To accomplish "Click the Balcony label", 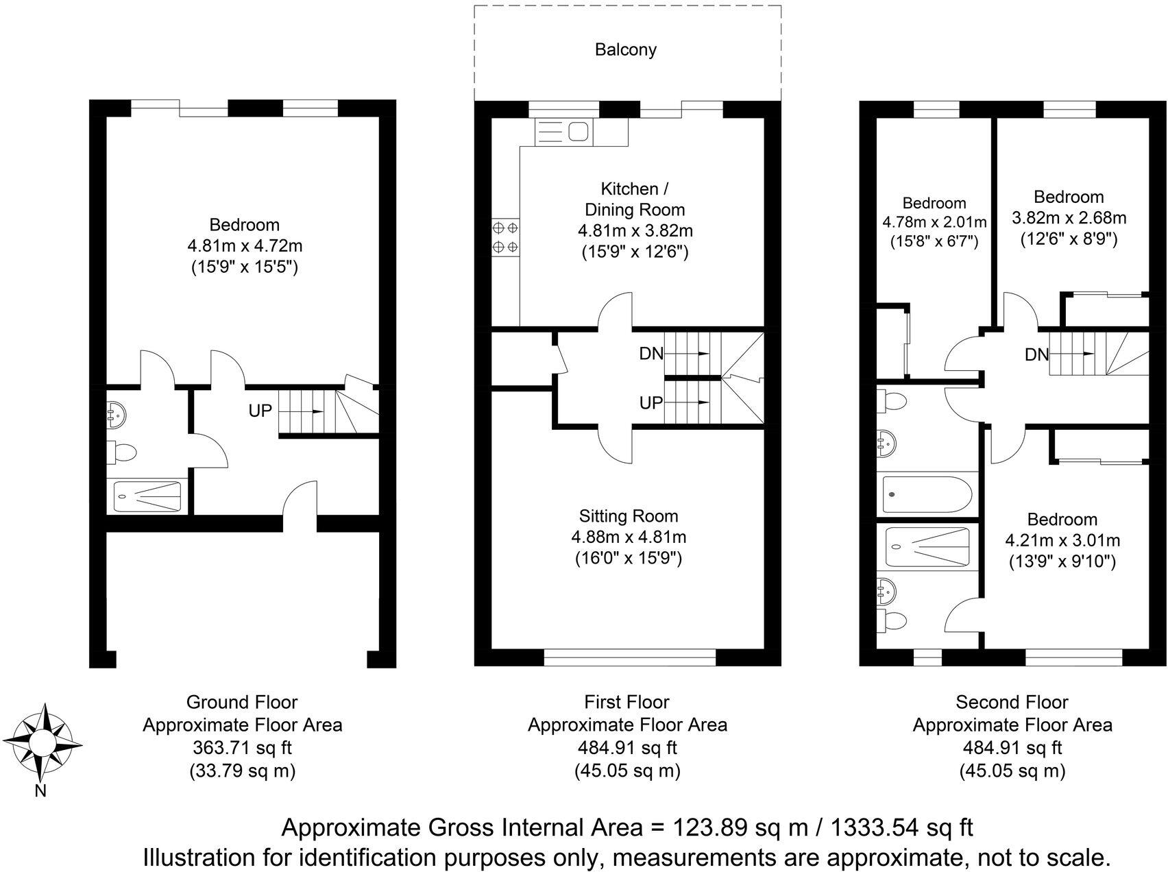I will click(x=625, y=49).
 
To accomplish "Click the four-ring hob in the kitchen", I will click(x=506, y=237).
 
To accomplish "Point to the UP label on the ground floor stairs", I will click(x=260, y=411).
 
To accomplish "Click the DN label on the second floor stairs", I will click(x=1036, y=354).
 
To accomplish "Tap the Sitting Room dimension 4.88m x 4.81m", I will click(x=629, y=537).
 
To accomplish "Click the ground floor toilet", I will click(x=123, y=452).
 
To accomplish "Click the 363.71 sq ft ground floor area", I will click(x=242, y=748).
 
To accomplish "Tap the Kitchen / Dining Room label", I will click(x=634, y=199).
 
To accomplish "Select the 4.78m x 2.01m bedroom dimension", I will click(x=934, y=222).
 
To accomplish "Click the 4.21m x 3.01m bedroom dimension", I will click(x=1062, y=540).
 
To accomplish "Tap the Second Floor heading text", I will click(x=1012, y=702).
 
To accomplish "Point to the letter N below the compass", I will click(x=40, y=791).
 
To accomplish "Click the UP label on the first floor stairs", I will click(x=650, y=403).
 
